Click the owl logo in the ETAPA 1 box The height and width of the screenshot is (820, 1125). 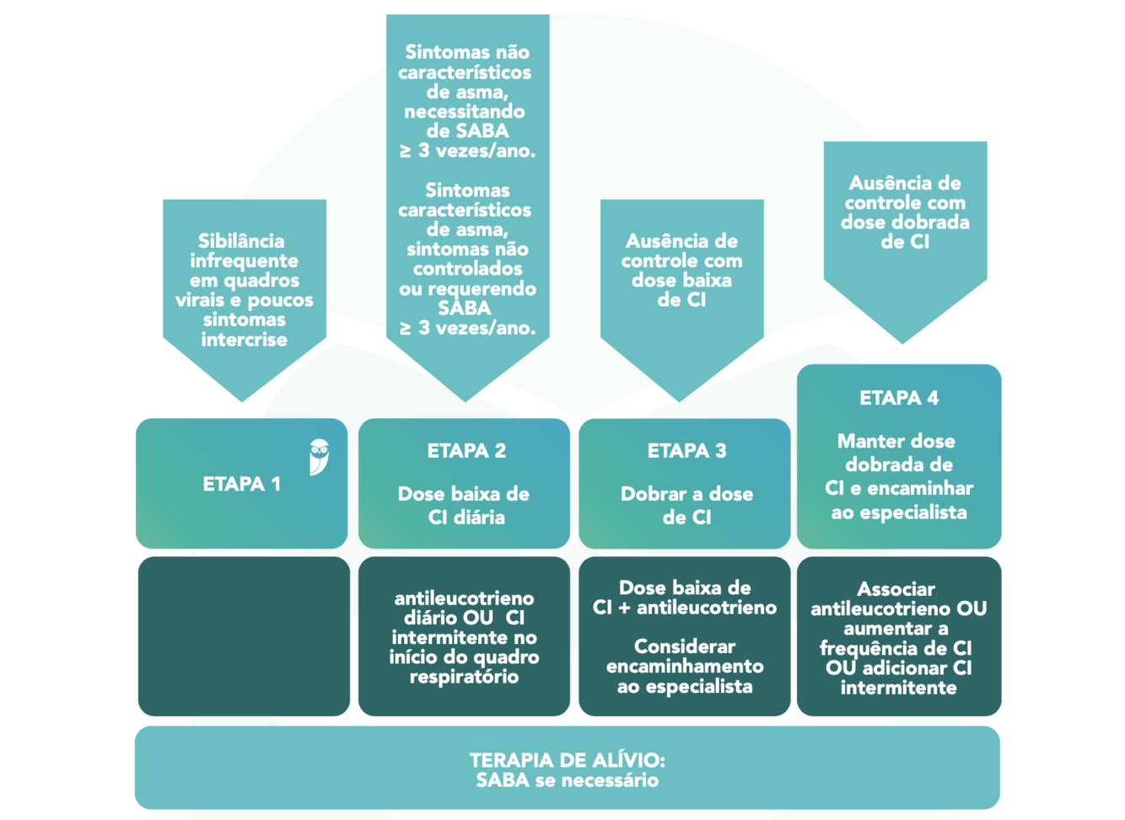(x=319, y=457)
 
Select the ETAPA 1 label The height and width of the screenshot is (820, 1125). (x=241, y=485)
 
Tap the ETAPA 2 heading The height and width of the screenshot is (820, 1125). (x=466, y=451)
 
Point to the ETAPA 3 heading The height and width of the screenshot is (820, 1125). (x=686, y=451)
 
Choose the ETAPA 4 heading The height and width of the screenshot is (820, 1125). (x=898, y=398)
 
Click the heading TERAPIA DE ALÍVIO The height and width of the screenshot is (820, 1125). (x=567, y=760)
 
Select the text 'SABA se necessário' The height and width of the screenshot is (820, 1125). (x=567, y=780)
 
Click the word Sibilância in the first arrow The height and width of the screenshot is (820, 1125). (x=242, y=241)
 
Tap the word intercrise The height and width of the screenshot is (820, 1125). (x=244, y=340)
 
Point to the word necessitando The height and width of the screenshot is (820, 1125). (x=465, y=111)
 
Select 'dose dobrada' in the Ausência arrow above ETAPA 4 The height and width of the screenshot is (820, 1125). (x=905, y=222)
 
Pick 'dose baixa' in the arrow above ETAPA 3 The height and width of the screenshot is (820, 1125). (x=681, y=281)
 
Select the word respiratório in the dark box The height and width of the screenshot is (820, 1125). (x=463, y=677)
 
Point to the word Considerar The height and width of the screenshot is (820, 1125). (x=684, y=646)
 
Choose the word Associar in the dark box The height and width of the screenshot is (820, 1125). (x=896, y=589)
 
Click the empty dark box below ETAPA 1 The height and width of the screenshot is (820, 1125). (x=244, y=636)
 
